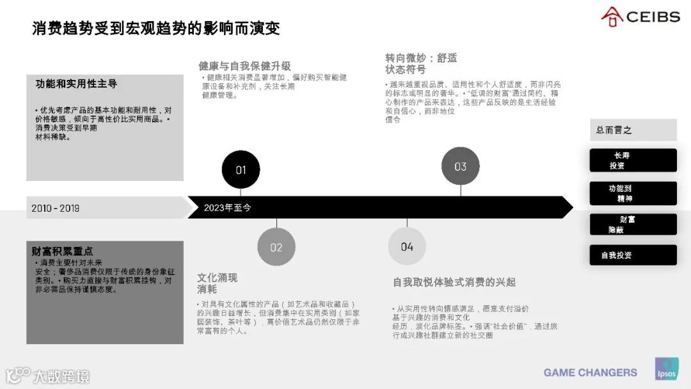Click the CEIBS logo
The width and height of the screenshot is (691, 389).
click(640, 17)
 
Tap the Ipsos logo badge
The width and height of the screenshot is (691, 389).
click(667, 369)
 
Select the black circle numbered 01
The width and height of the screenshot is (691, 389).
click(241, 170)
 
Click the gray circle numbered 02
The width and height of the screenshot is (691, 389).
click(276, 247)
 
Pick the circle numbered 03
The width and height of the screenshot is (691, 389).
click(461, 166)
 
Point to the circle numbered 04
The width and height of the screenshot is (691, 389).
click(407, 246)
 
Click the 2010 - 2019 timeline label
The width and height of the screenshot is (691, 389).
click(56, 208)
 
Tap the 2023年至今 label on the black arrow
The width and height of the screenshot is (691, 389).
click(228, 208)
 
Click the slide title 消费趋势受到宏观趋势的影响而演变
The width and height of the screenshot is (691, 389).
click(156, 29)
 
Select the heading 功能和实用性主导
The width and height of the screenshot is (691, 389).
click(76, 84)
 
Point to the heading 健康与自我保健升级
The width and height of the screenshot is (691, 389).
click(244, 66)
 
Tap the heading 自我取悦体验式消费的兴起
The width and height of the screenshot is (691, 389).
click(454, 282)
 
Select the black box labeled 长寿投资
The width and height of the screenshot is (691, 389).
click(633, 161)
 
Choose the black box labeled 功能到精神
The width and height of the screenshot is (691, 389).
click(633, 193)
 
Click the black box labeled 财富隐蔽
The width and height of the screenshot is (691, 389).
click(633, 225)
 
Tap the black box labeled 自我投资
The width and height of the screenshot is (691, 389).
click(633, 255)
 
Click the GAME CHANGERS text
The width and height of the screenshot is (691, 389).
click(591, 372)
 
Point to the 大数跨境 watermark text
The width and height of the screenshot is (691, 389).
click(61, 376)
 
